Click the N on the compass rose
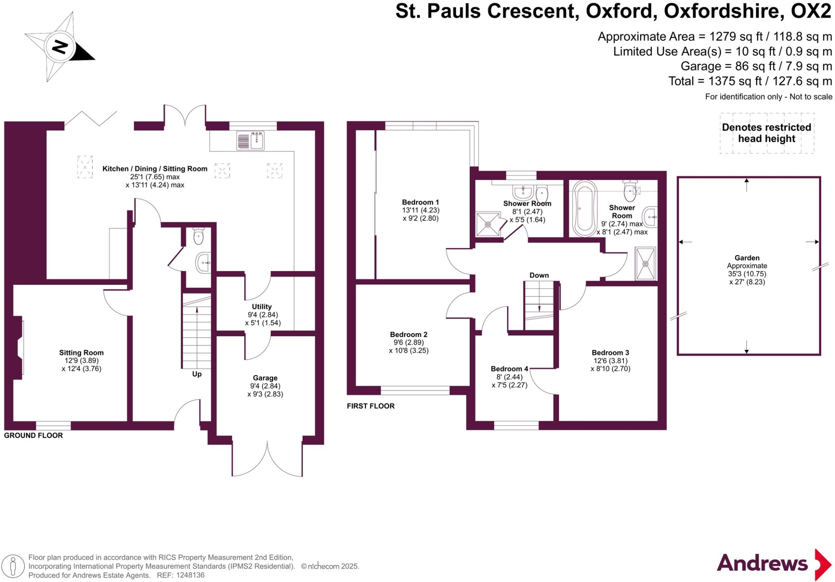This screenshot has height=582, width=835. [60, 47]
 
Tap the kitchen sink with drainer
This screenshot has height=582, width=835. [250, 140]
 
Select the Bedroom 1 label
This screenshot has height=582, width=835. [420, 202]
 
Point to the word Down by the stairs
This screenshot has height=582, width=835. [539, 275]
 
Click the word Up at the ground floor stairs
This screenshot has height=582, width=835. [197, 374]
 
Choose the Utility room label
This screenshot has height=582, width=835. [262, 307]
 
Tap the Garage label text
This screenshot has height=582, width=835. [265, 378]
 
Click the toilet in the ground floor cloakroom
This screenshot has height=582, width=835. [199, 236]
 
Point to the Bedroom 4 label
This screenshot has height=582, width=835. [509, 369]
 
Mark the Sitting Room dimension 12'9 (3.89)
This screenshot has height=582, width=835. [82, 361]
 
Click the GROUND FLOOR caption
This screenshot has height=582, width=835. [33, 435]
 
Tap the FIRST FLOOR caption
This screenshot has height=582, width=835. [371, 406]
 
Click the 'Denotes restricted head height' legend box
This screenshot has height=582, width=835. [767, 133]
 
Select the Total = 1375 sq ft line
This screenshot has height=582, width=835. [750, 81]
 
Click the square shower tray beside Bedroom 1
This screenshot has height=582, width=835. [488, 224]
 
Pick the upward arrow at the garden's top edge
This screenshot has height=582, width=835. [747, 184]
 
